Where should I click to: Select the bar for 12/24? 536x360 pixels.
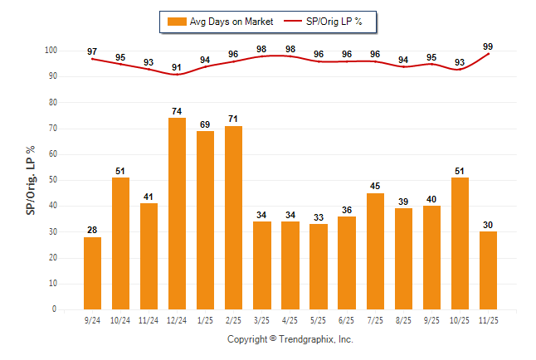177,213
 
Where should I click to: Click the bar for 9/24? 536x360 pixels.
92,273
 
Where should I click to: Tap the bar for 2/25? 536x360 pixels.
233,217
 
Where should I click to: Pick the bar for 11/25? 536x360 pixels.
488,270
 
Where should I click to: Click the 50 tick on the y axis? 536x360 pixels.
52,180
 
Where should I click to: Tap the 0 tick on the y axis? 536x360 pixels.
54,309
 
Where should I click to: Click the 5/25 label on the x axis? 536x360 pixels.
319,319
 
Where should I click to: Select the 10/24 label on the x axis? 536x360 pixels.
120,319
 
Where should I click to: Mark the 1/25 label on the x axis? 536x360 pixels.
205,319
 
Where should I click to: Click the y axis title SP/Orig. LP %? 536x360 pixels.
31,180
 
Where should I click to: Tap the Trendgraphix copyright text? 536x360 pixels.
290,339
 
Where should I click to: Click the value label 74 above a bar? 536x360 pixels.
177,111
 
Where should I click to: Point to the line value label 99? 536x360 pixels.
488,46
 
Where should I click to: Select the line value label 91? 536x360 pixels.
177,67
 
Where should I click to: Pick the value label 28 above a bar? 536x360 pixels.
92,231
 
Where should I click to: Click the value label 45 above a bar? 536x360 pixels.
375,187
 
